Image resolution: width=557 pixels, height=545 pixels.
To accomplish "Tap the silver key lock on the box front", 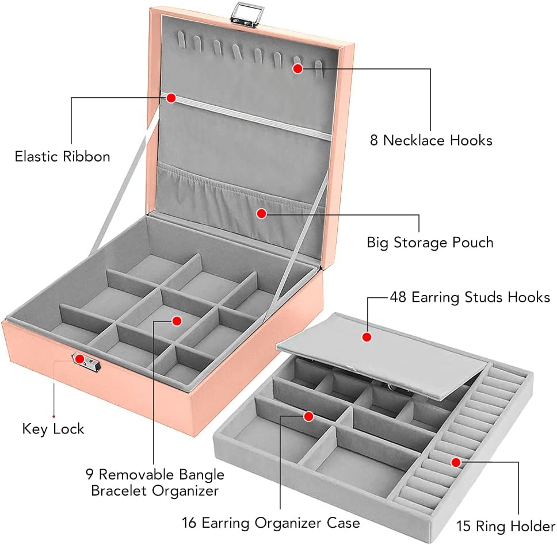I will coord(86,362).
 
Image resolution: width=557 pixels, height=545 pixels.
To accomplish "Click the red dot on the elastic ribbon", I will coord(171,98).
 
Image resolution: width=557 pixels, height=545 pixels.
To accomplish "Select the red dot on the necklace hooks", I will coord(297,68).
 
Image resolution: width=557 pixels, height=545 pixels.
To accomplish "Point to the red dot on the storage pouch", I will coord(261,213).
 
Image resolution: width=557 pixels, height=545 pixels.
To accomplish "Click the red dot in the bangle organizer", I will coord(177,320).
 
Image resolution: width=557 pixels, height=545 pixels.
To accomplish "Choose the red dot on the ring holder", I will coord(455,462).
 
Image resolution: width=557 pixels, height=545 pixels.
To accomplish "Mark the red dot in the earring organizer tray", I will coord(308,416).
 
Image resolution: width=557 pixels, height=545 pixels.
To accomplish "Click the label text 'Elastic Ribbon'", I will coord(62,156).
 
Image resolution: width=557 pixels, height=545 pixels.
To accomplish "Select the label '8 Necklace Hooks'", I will coord(431,140).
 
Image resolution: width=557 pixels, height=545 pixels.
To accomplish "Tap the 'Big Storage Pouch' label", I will coord(430,242).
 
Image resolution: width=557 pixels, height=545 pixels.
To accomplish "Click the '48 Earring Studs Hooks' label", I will coord(470,297).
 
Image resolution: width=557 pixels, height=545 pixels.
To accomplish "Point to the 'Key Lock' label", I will coord(53,429).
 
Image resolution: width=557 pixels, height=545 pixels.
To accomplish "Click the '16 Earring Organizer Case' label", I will coord(271,523).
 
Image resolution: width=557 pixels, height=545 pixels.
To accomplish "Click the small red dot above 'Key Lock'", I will coord(54,416).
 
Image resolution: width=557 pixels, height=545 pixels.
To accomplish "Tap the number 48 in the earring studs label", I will coord(399,297).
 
